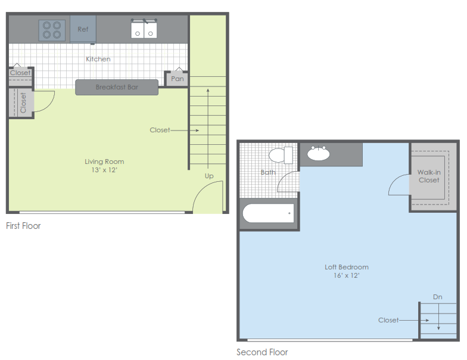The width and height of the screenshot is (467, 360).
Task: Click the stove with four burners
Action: (52, 30)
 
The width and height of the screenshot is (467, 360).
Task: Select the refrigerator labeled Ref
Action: (83, 29)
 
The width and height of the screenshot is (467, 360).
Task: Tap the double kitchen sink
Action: (144, 29)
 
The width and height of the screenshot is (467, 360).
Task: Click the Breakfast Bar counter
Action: (117, 87)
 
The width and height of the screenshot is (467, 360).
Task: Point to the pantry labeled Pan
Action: (177, 79)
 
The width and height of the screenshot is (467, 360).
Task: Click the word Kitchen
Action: (98, 59)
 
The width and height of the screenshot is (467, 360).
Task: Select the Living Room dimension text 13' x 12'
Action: (104, 170)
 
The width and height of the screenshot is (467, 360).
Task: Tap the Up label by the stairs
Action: (209, 176)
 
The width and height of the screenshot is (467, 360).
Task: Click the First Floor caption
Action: (23, 226)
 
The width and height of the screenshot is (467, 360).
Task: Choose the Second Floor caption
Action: (262, 352)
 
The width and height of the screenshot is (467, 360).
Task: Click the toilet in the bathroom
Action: (281, 156)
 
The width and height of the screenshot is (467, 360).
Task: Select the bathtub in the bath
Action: (268, 213)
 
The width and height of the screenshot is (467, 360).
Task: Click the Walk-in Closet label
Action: (429, 176)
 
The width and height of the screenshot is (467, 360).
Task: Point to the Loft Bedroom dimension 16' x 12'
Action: (347, 275)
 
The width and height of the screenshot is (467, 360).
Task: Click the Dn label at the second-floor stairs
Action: (438, 297)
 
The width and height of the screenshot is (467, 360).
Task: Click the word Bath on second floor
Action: (268, 172)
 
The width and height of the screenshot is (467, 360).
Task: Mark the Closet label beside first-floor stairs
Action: (160, 130)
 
